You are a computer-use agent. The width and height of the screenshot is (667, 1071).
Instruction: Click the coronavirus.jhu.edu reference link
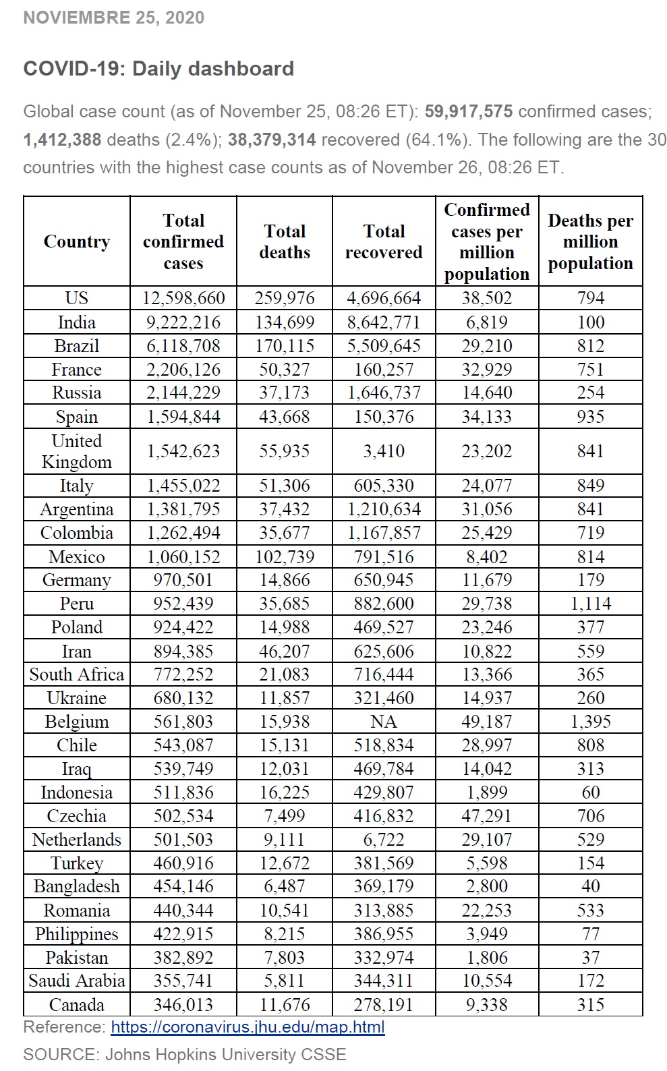(248, 1027)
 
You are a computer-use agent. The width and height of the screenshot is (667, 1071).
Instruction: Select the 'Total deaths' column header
(285, 241)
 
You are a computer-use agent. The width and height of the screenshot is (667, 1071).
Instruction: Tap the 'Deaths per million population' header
(590, 241)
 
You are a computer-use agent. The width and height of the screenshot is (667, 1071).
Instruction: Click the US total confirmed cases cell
(183, 298)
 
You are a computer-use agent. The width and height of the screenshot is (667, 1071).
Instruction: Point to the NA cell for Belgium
(384, 722)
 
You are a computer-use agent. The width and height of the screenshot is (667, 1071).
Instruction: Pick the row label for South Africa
(77, 674)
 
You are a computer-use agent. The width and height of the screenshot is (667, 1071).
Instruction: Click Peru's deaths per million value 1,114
(590, 604)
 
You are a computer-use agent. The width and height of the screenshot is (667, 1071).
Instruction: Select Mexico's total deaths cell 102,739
(285, 557)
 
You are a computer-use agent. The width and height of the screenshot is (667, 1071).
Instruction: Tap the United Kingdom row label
(77, 451)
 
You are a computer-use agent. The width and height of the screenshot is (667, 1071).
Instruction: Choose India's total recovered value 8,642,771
(384, 322)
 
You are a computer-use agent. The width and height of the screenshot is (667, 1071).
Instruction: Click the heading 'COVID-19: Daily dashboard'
(158, 69)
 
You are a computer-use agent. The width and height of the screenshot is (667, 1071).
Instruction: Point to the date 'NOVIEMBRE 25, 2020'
(113, 18)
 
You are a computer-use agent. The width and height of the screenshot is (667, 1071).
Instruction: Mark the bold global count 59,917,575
(469, 111)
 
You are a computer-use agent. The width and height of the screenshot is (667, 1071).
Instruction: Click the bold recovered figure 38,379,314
(272, 140)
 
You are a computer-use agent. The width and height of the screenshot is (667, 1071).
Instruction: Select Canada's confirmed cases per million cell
(487, 1005)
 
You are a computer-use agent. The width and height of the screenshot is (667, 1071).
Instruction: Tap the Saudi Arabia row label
(77, 981)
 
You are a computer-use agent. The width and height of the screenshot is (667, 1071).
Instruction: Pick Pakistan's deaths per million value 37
(590, 958)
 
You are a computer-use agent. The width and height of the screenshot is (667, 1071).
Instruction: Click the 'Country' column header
(77, 241)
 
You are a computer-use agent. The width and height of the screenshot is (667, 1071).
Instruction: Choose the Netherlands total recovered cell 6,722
(384, 840)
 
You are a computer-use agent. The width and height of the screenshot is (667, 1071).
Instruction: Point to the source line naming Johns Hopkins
(185, 1055)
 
